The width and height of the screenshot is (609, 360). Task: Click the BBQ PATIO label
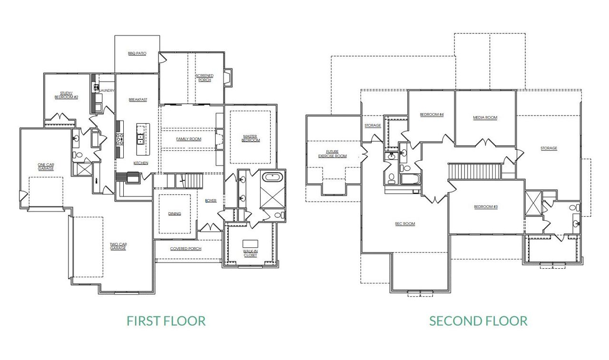[x=137, y=54]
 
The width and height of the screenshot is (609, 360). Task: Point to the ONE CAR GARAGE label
[x=46, y=167]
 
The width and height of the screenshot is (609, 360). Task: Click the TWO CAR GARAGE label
[x=118, y=246]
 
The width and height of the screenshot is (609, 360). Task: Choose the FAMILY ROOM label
[x=189, y=139]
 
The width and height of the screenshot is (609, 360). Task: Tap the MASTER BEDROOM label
[x=250, y=138]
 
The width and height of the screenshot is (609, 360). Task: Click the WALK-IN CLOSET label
[x=250, y=253]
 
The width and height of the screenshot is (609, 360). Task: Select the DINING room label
[x=175, y=214]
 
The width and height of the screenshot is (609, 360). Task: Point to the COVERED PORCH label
[x=186, y=249]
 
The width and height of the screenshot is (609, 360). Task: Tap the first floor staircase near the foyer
[x=189, y=181]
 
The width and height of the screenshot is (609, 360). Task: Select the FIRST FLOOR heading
[x=166, y=321]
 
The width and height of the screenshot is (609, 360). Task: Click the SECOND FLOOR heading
[x=478, y=321]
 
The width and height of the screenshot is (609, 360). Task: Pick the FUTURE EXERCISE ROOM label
[x=333, y=154]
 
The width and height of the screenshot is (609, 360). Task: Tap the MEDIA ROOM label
[x=485, y=118]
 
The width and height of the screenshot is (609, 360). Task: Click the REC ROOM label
[x=405, y=224]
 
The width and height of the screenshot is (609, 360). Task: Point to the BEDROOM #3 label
[x=486, y=207]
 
